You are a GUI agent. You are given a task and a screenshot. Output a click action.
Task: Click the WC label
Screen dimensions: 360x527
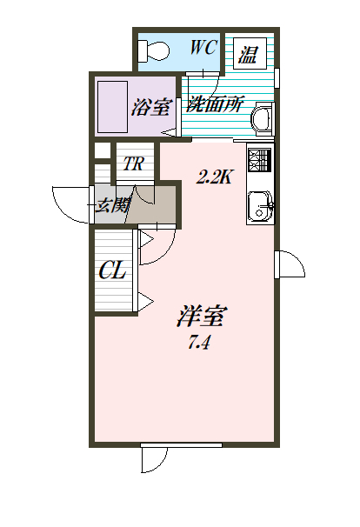tap(203, 47)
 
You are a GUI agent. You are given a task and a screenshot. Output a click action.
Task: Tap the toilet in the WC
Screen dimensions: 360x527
tap(153, 51)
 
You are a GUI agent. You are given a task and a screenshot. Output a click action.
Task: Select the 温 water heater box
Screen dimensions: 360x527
tap(250, 54)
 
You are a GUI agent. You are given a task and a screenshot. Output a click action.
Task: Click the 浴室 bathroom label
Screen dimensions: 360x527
tap(150, 107)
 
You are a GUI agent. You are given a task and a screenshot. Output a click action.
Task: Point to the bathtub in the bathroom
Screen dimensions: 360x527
tap(112, 107)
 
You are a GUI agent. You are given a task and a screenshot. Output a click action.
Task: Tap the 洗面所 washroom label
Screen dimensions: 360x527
tap(215, 104)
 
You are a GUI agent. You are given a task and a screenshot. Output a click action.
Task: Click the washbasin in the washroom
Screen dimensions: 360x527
tap(263, 118)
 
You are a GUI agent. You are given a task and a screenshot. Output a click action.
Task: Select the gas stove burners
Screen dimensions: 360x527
tap(259, 160)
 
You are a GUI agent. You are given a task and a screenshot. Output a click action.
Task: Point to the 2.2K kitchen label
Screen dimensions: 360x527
tap(214, 177)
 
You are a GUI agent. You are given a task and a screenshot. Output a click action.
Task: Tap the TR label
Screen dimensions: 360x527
tap(133, 163)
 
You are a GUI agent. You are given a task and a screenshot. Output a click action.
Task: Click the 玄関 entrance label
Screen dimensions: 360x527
tap(112, 205)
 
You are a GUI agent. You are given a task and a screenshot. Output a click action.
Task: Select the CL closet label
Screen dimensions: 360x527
tap(112, 270)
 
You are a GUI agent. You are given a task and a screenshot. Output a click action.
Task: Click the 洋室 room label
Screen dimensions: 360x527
tap(202, 316)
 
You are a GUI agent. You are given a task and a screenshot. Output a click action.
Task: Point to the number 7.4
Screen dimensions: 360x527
tap(199, 343)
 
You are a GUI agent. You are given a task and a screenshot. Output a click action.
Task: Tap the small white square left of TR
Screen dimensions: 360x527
tap(103, 150)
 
